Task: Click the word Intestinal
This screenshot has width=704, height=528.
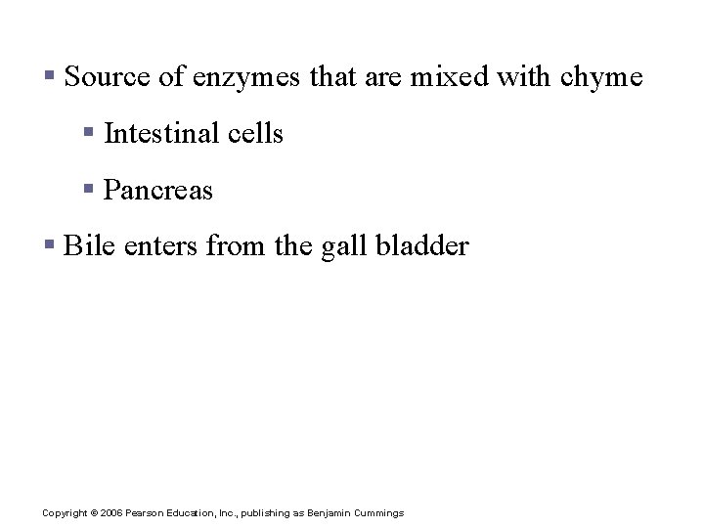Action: tap(160, 133)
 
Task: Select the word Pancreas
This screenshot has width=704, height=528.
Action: tap(157, 190)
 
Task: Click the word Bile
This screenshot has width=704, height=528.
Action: tap(82, 245)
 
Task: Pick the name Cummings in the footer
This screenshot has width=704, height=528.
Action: tap(380, 513)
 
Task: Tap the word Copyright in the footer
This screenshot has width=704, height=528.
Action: tap(65, 513)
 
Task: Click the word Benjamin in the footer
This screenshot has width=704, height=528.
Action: tap(332, 513)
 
